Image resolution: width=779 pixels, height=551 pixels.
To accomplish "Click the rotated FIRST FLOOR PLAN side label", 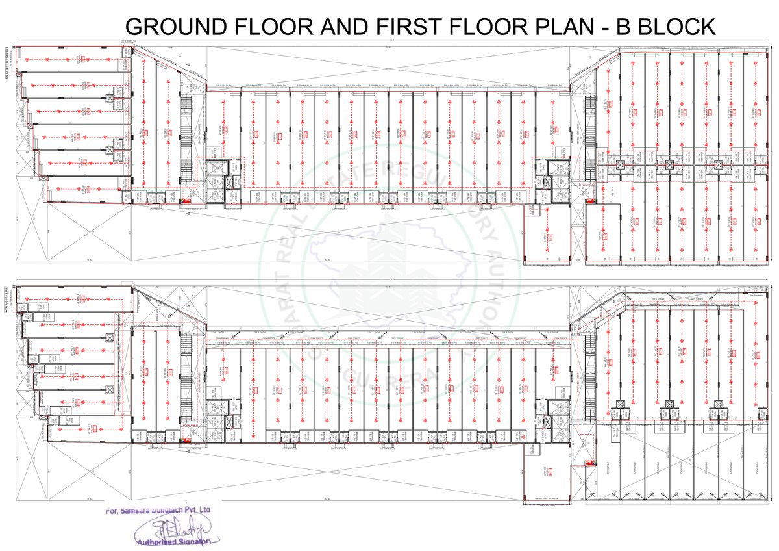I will [x=6, y=303].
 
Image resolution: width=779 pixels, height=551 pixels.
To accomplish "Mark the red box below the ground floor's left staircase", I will [x=186, y=202].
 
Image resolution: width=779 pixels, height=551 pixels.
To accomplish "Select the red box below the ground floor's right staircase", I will [x=590, y=201].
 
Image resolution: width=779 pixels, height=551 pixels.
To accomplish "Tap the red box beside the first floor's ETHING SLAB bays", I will [x=590, y=463].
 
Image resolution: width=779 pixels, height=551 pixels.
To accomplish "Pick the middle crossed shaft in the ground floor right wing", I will [x=670, y=165].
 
